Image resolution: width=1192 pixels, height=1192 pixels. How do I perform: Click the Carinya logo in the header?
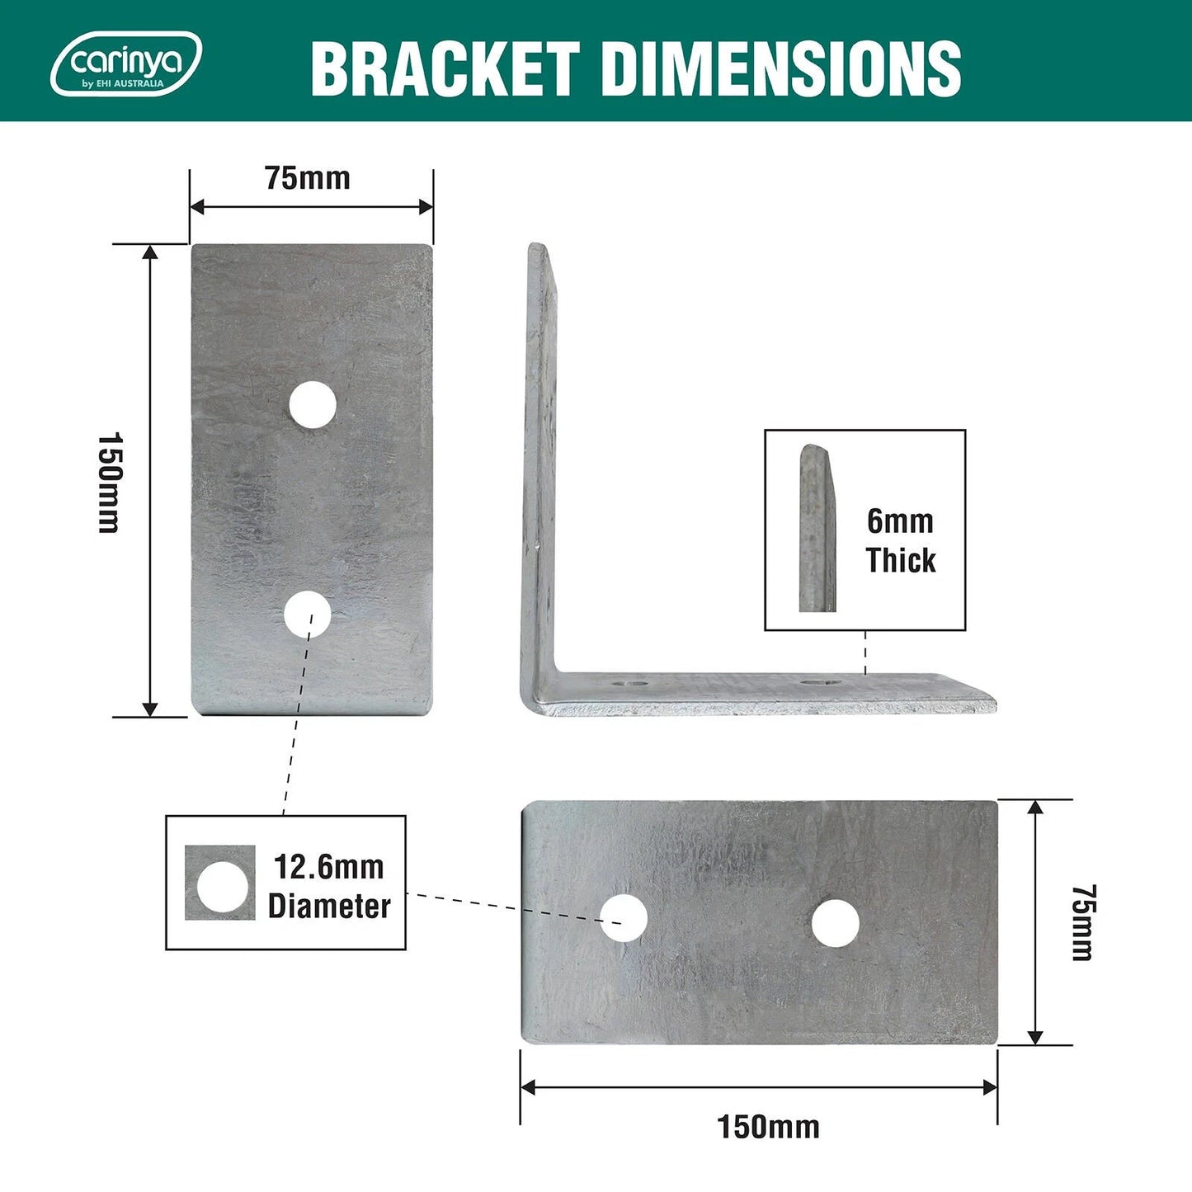[x=125, y=64]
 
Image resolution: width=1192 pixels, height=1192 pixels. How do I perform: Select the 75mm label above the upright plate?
[x=308, y=178]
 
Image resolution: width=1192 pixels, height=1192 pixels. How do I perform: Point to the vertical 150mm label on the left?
[x=110, y=482]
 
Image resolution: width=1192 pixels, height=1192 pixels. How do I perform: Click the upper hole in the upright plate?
[x=313, y=404]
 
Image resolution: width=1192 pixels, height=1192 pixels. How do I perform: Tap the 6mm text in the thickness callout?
[x=900, y=521]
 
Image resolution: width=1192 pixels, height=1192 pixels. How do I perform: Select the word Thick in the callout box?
[x=901, y=560]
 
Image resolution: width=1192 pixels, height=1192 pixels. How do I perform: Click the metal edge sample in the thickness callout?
[x=817, y=529]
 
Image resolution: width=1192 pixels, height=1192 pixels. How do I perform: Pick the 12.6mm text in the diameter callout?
[x=328, y=867]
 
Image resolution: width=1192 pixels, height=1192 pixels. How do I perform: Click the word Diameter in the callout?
[x=329, y=906]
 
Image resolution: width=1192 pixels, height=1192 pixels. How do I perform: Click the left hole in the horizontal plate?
[x=623, y=917]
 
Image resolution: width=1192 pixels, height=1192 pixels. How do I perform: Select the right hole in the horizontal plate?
[x=835, y=922]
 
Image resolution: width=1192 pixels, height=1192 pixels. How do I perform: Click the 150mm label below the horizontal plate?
[x=768, y=1127]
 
